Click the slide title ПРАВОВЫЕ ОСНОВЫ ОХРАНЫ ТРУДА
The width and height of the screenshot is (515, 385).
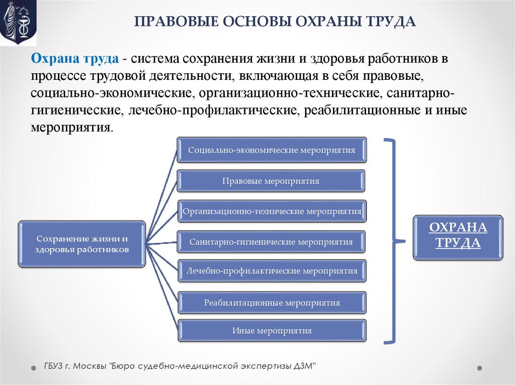click(275, 23)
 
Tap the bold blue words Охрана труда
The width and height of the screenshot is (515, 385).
click(75, 59)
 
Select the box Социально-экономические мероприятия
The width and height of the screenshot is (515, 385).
click(272, 150)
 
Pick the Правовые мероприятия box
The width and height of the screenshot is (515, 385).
click(271, 181)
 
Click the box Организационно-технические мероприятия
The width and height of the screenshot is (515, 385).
click(272, 211)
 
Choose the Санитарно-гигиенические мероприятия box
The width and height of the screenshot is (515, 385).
click(271, 242)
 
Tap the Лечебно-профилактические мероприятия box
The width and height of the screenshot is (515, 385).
click(272, 271)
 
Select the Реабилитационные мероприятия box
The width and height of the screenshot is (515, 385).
click(272, 303)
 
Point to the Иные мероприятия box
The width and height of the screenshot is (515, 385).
click(272, 331)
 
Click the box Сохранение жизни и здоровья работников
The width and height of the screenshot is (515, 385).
click(82, 243)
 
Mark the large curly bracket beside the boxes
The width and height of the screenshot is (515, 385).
click(395, 241)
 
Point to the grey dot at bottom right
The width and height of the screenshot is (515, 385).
click(479, 367)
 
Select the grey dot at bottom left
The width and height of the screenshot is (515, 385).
click(33, 367)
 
